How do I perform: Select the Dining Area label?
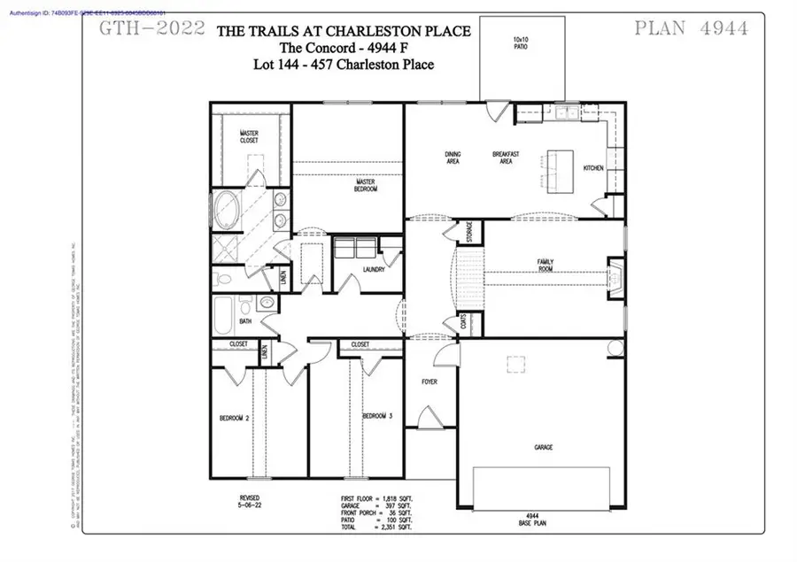pos(453,158)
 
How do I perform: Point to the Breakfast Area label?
pos(504,158)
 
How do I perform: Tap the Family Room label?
pos(546,265)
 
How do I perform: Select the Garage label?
pos(543,448)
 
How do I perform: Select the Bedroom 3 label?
pos(377,416)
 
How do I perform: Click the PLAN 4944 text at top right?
pos(692,28)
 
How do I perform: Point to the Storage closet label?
pos(470,232)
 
